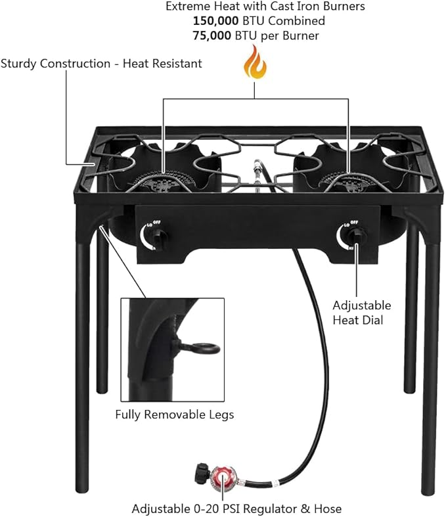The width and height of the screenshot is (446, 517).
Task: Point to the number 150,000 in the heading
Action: [217, 21]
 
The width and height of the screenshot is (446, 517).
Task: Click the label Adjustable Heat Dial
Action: [361, 313]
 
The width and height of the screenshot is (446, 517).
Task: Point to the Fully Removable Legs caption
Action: [174, 415]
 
